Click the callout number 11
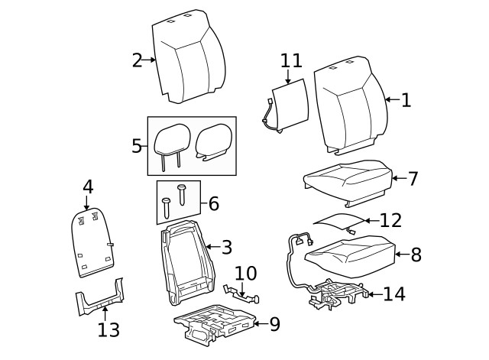(291, 61)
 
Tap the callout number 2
(138, 60)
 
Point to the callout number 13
(108, 329)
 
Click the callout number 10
(246, 273)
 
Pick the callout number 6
(213, 203)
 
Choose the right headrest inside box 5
(213, 141)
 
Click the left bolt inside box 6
(167, 206)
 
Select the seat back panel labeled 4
(93, 242)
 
